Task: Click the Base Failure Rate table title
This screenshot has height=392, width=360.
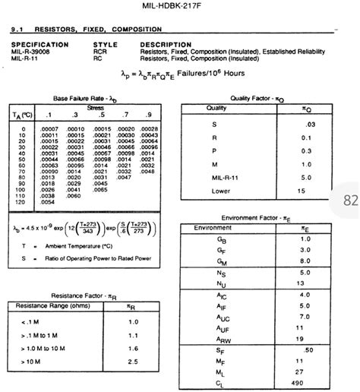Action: click(x=84, y=99)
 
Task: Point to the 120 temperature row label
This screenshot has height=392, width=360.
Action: click(x=22, y=202)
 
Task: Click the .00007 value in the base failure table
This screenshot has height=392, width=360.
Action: click(x=49, y=129)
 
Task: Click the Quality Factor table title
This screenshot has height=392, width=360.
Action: click(x=257, y=98)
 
